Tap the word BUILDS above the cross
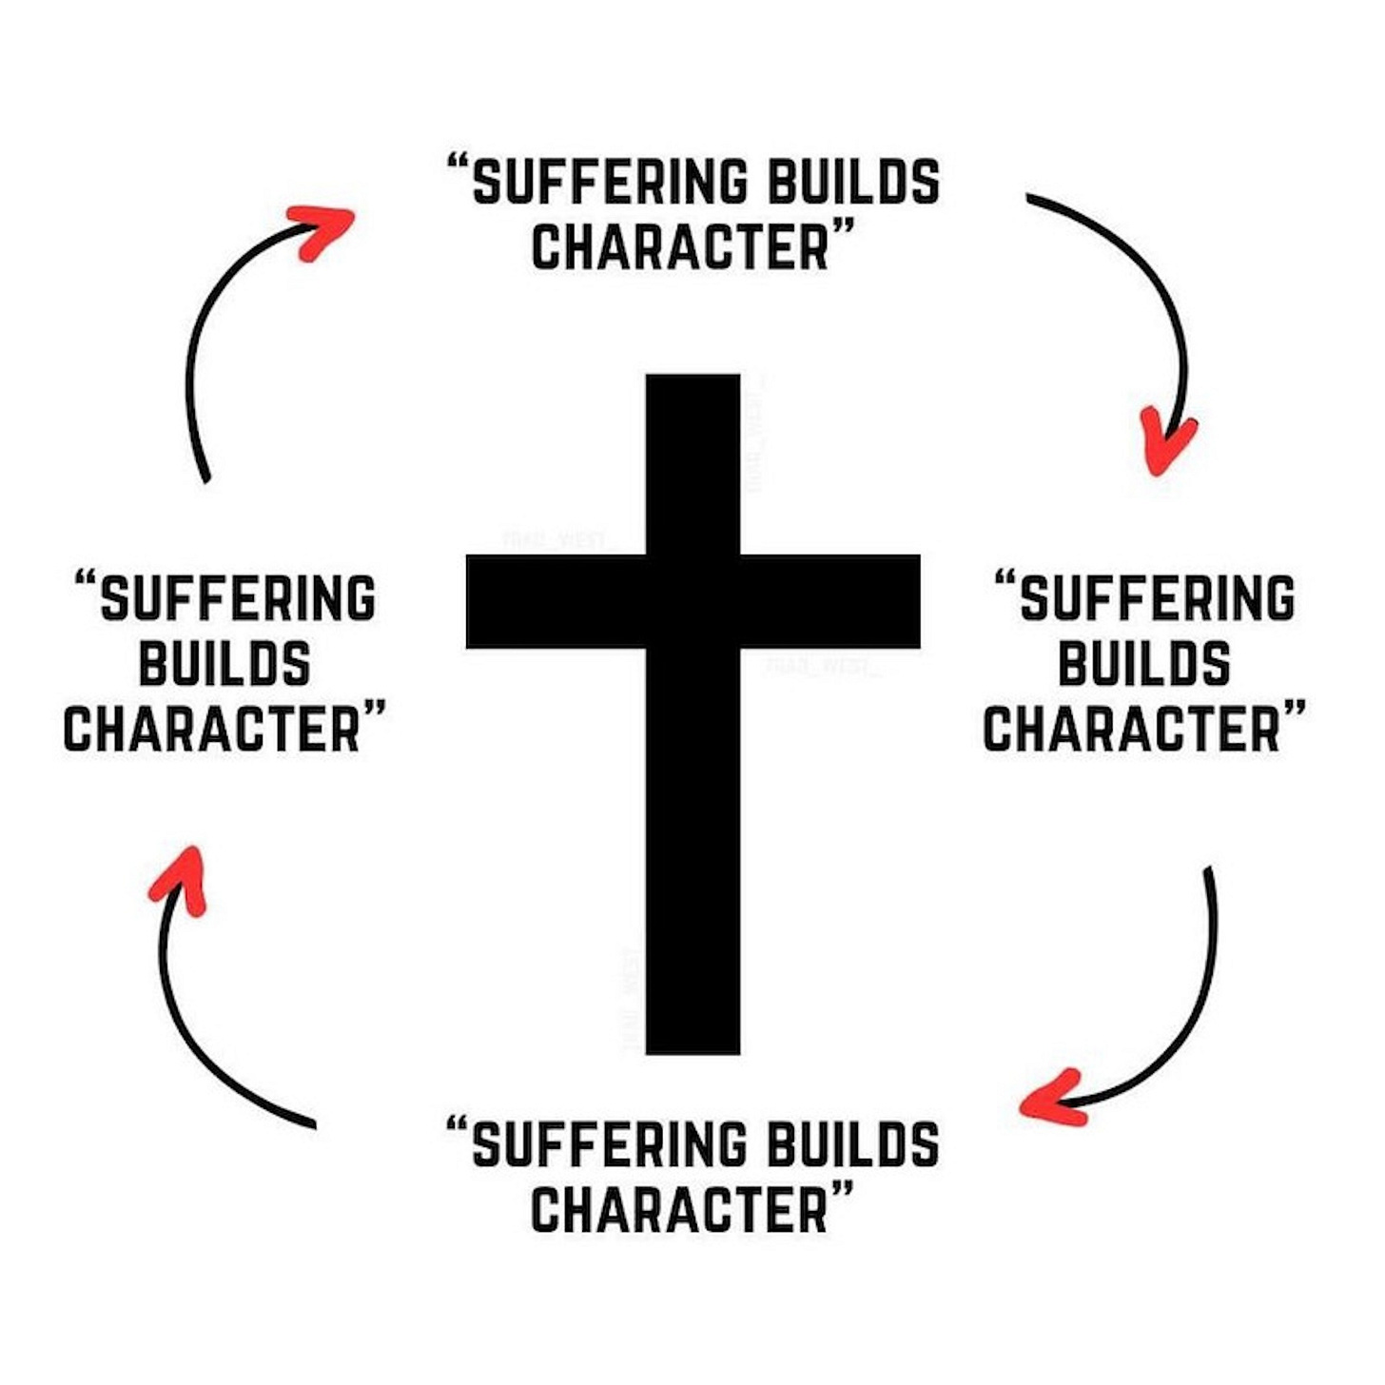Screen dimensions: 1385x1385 pos(853,183)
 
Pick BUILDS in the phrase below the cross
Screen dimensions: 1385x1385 pos(853,1145)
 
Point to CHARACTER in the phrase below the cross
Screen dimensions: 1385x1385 pos(680,1210)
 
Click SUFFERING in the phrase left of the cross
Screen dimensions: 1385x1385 pos(238,599)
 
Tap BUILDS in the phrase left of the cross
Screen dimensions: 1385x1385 pos(224,664)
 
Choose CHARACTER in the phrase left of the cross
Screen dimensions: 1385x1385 pos(212,730)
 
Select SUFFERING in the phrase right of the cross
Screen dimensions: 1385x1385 pos(1157,599)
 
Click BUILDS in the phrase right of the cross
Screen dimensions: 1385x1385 pos(1143,664)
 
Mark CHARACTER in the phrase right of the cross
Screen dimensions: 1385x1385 pos(1132,730)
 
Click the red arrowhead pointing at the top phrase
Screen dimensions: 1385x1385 pos(323,229)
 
